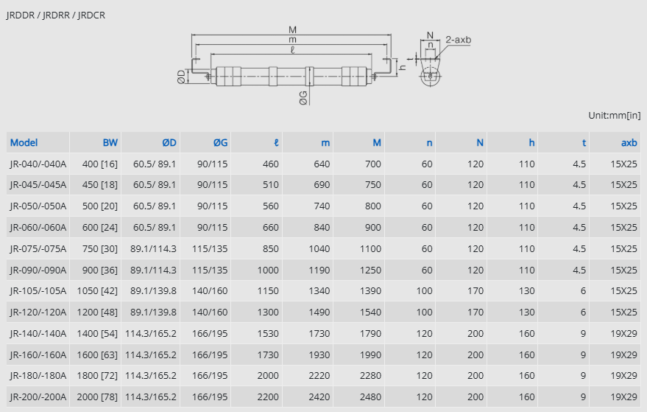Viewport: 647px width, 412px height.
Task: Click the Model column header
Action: (x=24, y=142)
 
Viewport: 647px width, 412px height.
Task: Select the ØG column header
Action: (x=220, y=142)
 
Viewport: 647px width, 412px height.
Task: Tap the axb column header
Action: (x=629, y=142)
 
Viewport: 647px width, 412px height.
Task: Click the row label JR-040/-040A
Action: (x=38, y=164)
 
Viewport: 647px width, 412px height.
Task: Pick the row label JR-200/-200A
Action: (x=38, y=397)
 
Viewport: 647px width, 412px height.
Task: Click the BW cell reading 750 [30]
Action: (x=100, y=249)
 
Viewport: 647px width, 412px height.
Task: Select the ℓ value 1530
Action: (x=268, y=333)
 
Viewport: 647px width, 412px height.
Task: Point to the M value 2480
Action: (x=370, y=397)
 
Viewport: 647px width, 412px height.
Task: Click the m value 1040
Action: (x=319, y=249)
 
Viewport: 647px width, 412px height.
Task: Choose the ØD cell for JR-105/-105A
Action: (x=153, y=291)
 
